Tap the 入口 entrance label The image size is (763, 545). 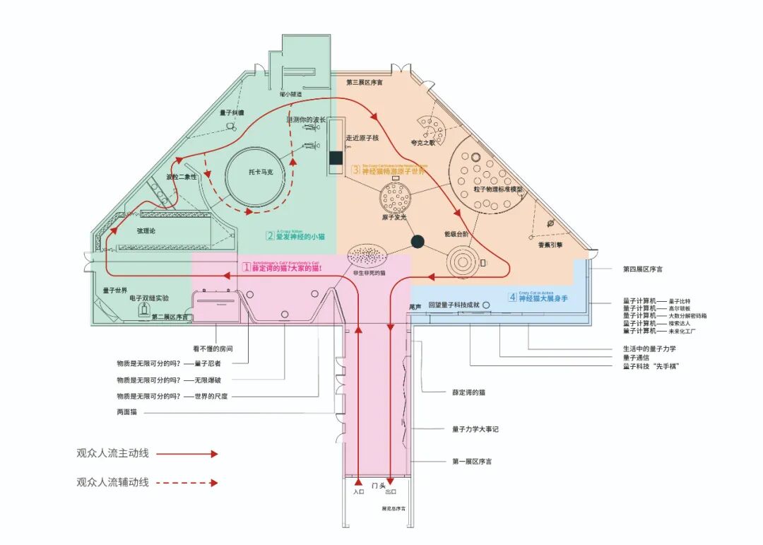(x=358, y=491)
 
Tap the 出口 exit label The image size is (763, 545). (x=391, y=491)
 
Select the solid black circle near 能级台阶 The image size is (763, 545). (x=417, y=242)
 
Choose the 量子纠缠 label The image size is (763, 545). (x=231, y=112)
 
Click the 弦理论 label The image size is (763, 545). (x=146, y=230)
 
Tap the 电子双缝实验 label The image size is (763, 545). (x=149, y=299)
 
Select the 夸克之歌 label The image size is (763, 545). (x=425, y=142)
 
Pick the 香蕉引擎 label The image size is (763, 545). (x=550, y=245)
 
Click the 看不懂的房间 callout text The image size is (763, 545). (x=213, y=348)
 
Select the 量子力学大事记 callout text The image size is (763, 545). (x=475, y=429)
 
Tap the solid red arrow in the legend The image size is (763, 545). (x=187, y=454)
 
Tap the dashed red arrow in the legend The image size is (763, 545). (x=187, y=484)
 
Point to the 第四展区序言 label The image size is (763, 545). (x=642, y=269)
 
